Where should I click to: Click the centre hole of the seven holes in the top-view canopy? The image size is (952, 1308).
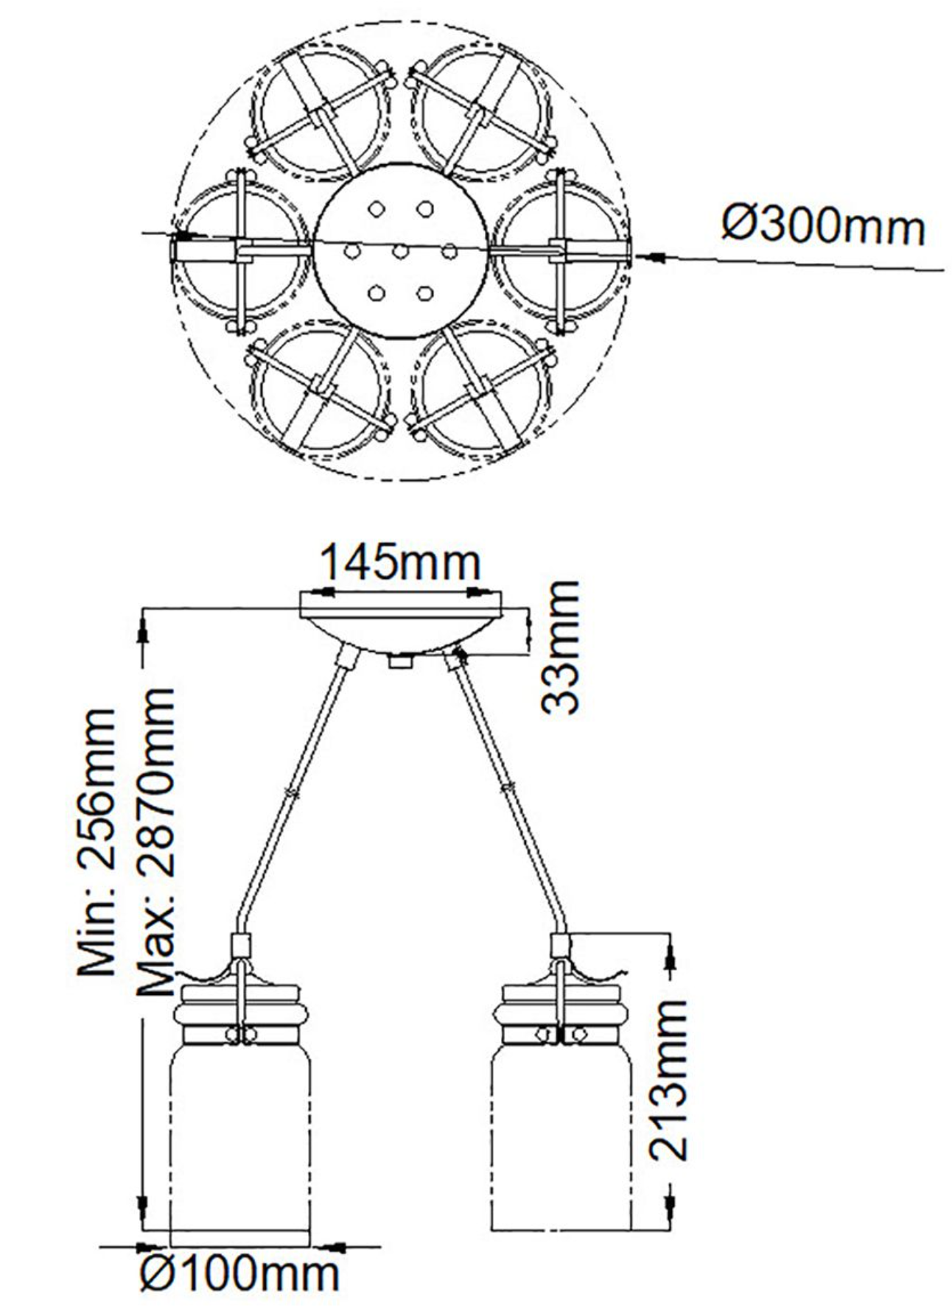(x=400, y=252)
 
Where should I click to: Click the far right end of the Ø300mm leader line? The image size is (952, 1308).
(x=944, y=271)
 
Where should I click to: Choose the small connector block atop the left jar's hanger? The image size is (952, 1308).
(x=241, y=943)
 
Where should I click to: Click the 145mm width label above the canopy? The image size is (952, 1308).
(x=399, y=563)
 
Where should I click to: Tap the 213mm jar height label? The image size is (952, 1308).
(x=668, y=1079)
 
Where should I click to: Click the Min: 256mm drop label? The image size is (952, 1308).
(x=97, y=842)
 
